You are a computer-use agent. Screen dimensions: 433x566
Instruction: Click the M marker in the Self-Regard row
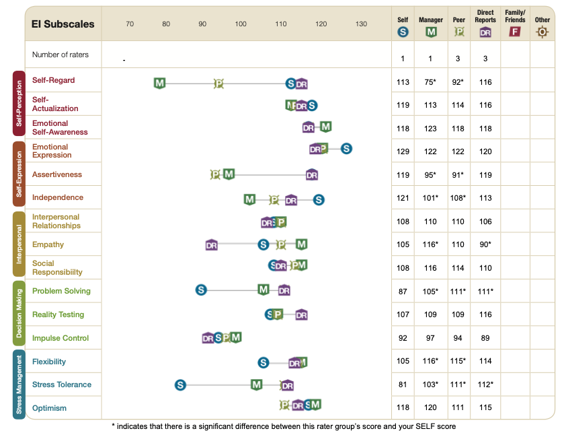point(159,84)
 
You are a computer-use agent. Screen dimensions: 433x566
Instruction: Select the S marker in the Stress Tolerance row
point(180,385)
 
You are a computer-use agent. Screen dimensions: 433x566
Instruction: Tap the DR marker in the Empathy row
point(212,245)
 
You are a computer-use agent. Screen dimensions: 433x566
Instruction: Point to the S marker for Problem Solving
point(201,290)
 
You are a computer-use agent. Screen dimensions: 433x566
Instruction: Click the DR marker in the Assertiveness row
point(312,175)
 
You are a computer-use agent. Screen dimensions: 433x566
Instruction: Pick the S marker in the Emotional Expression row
point(346,149)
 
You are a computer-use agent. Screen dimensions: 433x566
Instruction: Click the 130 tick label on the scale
point(361,24)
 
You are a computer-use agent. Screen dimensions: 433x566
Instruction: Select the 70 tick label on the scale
point(130,24)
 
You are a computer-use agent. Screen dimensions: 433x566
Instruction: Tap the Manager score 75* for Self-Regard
point(430,82)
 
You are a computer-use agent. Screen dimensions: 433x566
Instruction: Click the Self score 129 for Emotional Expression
point(403,152)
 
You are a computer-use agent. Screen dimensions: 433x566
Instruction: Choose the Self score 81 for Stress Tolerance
point(403,385)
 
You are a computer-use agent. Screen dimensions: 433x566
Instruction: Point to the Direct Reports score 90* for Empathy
point(485,244)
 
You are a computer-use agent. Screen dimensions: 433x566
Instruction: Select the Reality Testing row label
point(58,314)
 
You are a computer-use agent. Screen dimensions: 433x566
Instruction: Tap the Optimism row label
point(50,408)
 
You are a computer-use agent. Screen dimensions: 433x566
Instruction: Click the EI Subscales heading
point(63,24)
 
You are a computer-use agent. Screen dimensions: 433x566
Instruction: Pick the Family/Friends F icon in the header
point(515,31)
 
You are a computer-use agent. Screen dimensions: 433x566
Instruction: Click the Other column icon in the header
point(542,32)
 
